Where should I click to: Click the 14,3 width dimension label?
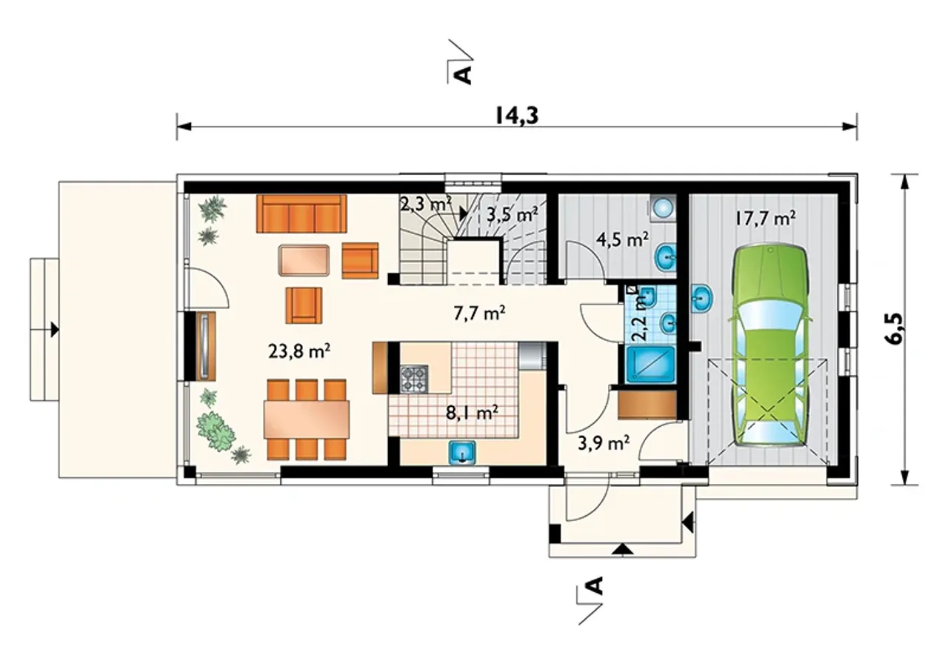(x=517, y=115)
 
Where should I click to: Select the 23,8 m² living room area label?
(x=299, y=351)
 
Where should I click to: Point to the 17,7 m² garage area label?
(x=765, y=219)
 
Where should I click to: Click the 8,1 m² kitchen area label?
(x=472, y=412)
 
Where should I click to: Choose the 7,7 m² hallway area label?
(x=479, y=313)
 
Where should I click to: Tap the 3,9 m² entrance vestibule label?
(x=604, y=443)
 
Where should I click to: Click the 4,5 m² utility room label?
(x=622, y=239)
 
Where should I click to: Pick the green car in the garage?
(x=771, y=345)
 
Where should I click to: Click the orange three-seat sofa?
(x=301, y=213)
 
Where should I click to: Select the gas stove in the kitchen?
(x=414, y=378)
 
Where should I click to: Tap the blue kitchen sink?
(x=461, y=452)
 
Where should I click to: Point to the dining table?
(x=307, y=419)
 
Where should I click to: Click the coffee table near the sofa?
(x=304, y=260)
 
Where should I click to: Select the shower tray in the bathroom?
(x=650, y=365)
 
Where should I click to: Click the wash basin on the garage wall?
(x=703, y=299)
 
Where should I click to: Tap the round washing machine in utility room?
(x=662, y=208)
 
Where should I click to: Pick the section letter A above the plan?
(x=464, y=75)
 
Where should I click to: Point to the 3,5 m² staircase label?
(x=513, y=215)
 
